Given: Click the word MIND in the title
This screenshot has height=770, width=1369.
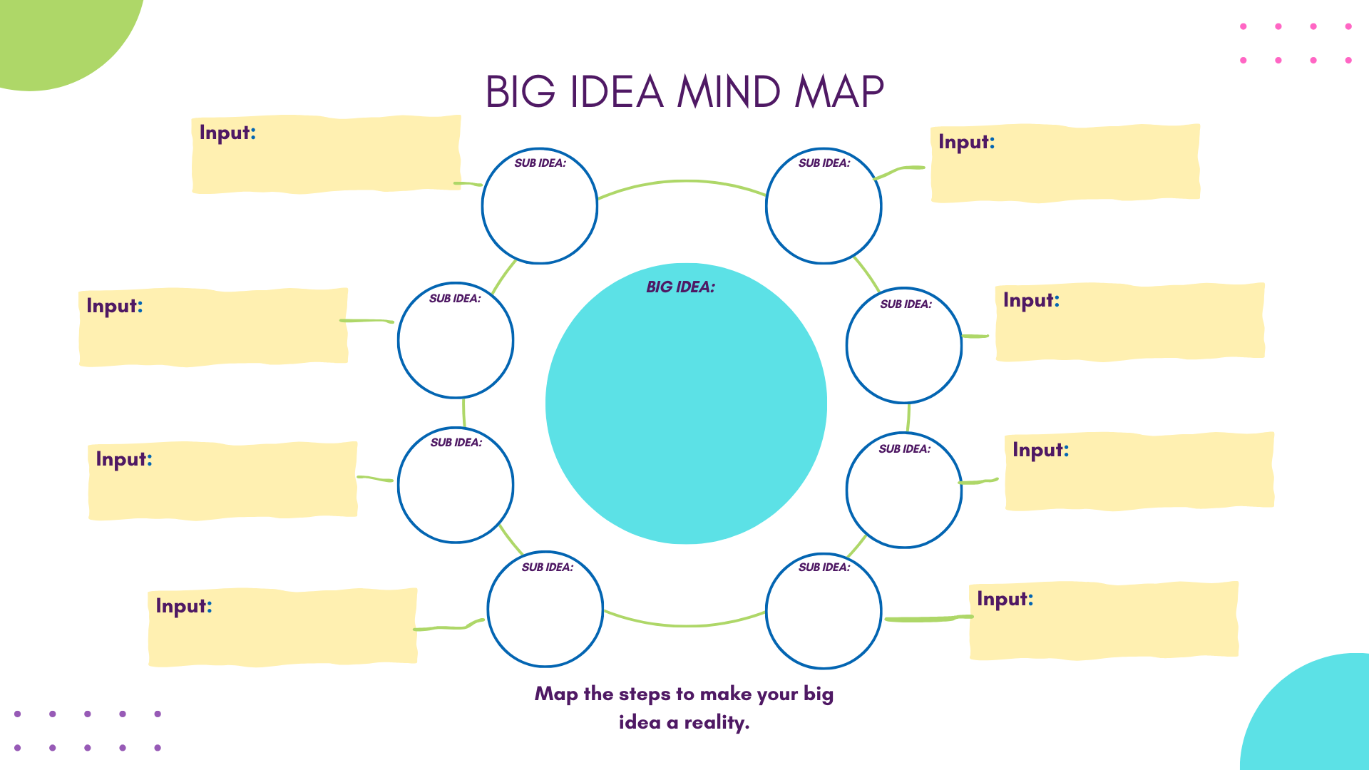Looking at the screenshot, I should click(728, 92).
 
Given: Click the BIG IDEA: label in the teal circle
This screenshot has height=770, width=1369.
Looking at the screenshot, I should click(680, 287).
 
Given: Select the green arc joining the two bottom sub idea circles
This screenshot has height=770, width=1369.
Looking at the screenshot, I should click(684, 625).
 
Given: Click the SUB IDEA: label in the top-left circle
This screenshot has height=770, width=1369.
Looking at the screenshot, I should click(540, 163).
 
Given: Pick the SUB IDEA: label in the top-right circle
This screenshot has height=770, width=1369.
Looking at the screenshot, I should click(824, 163).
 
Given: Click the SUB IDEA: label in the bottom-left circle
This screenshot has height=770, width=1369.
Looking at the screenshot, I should click(547, 567).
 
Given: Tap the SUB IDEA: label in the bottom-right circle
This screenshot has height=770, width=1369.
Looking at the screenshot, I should click(824, 567).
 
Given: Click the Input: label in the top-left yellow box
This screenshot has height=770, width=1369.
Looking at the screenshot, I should click(227, 133).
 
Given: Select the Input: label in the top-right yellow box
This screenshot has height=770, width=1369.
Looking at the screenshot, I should click(965, 142).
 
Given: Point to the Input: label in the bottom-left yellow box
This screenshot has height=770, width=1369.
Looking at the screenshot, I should click(183, 606).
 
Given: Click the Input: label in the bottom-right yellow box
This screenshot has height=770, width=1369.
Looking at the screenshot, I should click(1004, 599).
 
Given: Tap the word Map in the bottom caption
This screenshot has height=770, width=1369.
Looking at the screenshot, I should click(555, 694).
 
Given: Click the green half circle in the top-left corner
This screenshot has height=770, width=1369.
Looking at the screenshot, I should click(57, 36).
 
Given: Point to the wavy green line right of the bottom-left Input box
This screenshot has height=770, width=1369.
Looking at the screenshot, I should click(448, 627).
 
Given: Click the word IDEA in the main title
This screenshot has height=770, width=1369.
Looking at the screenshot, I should click(616, 92).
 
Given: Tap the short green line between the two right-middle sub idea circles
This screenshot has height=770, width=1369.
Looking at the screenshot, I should click(908, 418).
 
